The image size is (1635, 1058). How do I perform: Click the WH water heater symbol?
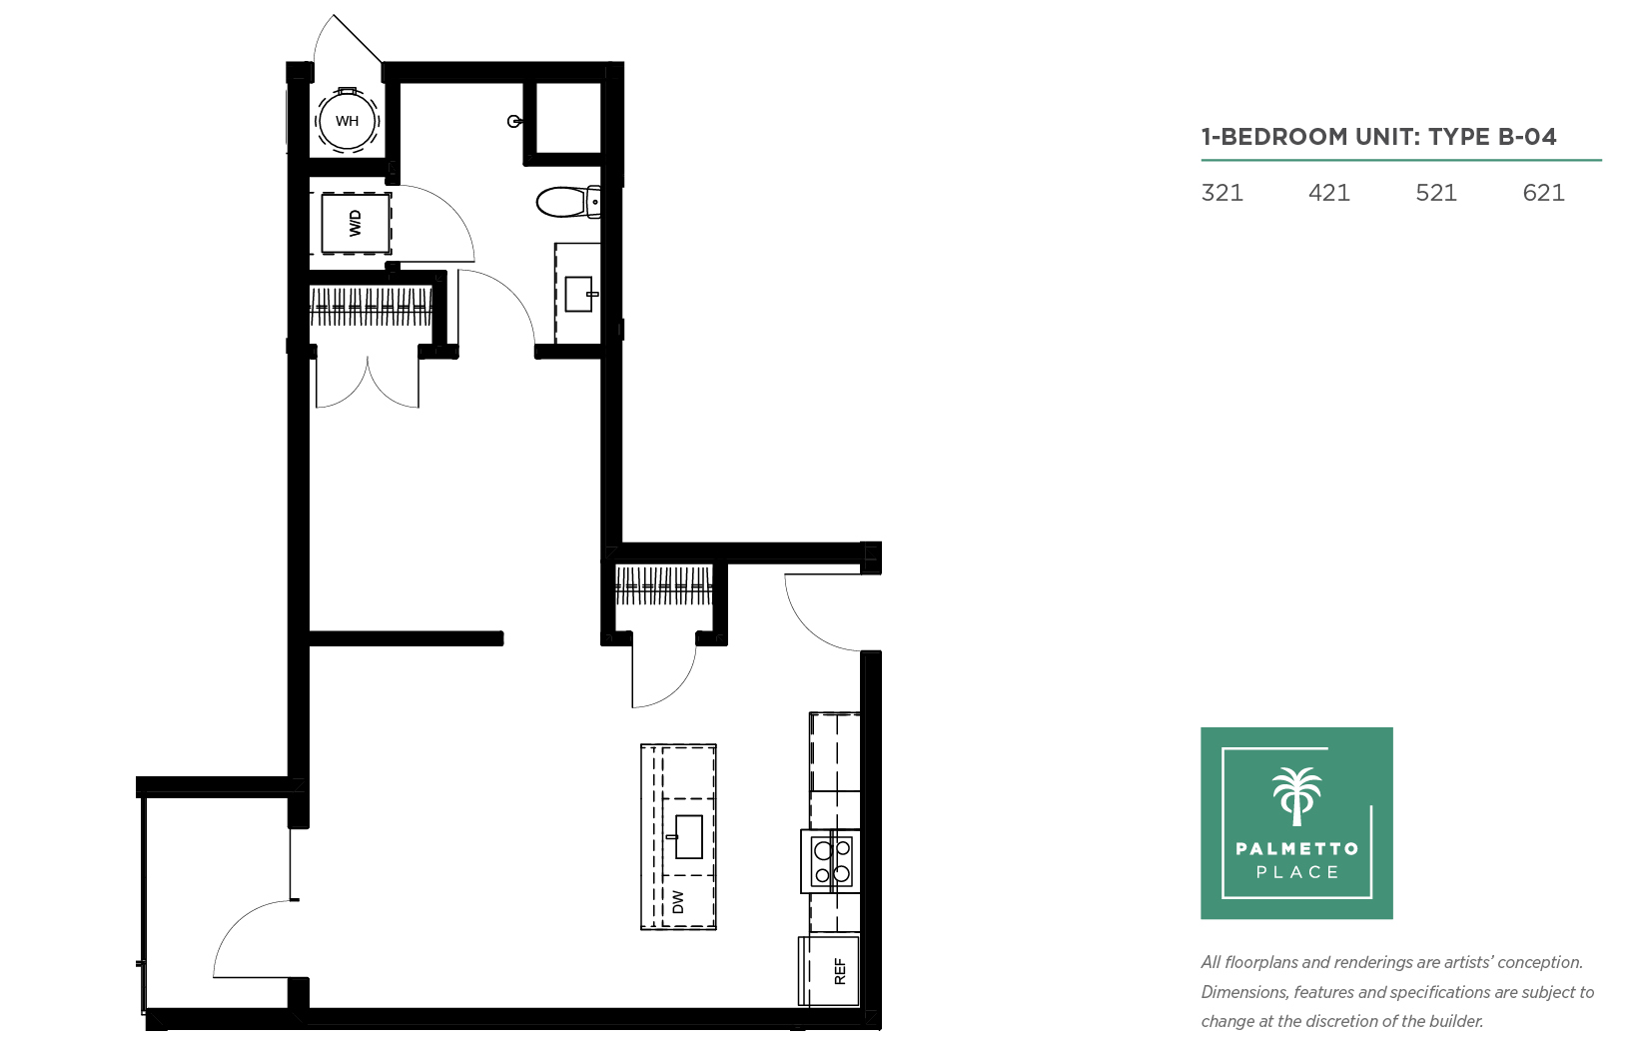point(347,120)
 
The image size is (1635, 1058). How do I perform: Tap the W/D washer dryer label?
point(356,224)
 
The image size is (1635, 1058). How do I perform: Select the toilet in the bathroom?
point(568,202)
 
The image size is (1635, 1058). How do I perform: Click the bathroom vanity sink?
point(580,294)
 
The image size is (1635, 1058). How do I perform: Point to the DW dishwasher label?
point(678,901)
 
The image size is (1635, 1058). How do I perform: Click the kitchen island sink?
point(686,837)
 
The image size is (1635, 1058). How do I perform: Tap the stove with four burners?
point(831,861)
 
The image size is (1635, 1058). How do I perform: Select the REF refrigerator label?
point(839,972)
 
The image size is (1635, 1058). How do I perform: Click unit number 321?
point(1222,193)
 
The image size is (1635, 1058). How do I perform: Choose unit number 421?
point(1329,193)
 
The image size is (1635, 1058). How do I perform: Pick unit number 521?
point(1435,193)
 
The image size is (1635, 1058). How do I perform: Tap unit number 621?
point(1544,193)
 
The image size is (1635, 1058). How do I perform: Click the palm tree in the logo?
point(1296,796)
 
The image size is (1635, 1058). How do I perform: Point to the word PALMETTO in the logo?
point(1297,848)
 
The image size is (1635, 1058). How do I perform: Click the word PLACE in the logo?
point(1297,872)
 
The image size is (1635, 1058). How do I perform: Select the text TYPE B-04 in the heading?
point(1492,137)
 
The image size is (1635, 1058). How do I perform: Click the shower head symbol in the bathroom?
point(514,121)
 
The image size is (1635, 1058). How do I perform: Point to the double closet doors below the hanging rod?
point(368,380)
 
